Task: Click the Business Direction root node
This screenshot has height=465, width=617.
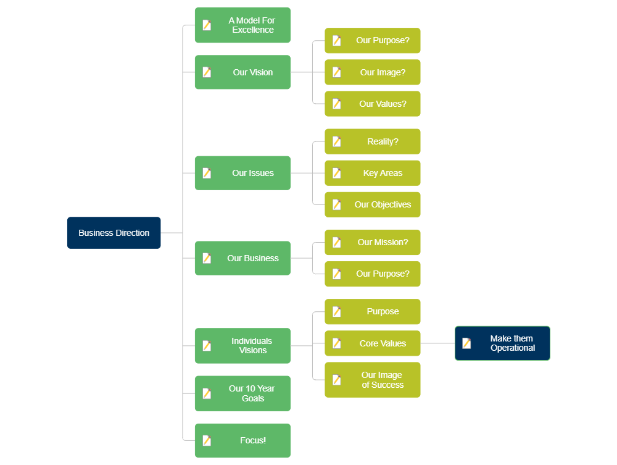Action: pyautogui.click(x=114, y=233)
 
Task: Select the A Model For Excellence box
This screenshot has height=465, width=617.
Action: pyautogui.click(x=242, y=25)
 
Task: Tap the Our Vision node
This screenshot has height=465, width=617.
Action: pyautogui.click(x=242, y=72)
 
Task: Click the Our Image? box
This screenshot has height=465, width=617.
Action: pyautogui.click(x=373, y=72)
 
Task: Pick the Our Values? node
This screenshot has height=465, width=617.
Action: pyautogui.click(x=373, y=104)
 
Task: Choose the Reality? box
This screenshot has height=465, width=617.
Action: pyautogui.click(x=373, y=141)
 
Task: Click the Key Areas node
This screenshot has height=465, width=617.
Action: pyautogui.click(x=373, y=173)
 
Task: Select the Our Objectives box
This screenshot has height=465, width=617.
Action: pyautogui.click(x=373, y=204)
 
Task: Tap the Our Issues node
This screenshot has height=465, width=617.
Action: pyautogui.click(x=242, y=173)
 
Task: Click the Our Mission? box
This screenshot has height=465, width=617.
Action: pyautogui.click(x=373, y=242)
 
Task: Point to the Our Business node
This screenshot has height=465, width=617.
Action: pyautogui.click(x=242, y=258)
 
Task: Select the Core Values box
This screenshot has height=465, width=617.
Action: pyautogui.click(x=373, y=343)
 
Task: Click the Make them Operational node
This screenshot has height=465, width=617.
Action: pyautogui.click(x=503, y=343)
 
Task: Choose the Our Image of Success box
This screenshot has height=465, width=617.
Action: pyautogui.click(x=373, y=380)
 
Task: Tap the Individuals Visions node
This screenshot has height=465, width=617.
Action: pyautogui.click(x=242, y=346)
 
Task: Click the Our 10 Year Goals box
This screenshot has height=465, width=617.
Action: pyautogui.click(x=242, y=393)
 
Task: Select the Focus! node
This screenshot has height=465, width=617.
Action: pyautogui.click(x=242, y=440)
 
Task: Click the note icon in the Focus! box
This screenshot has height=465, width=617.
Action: pyautogui.click(x=207, y=440)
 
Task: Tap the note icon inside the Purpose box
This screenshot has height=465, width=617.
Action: pyautogui.click(x=337, y=312)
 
